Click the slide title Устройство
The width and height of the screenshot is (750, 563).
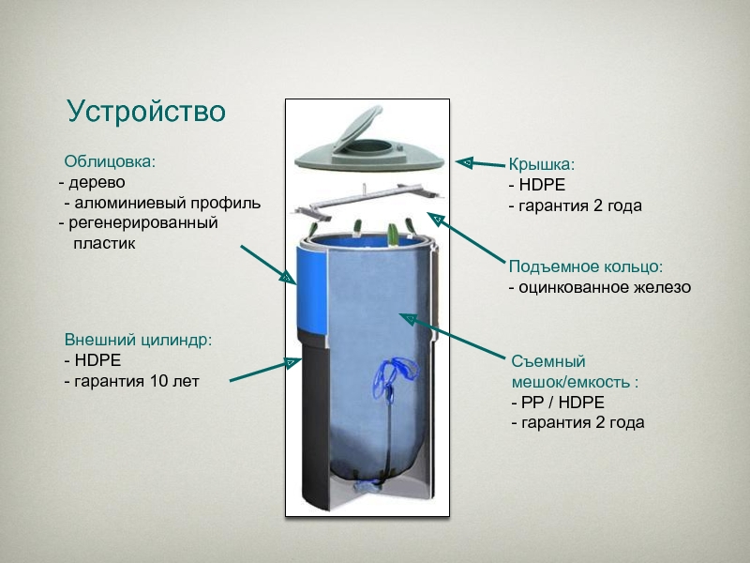(x=146, y=112)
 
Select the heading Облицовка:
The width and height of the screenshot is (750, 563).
(x=110, y=160)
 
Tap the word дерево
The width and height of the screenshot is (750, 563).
(x=95, y=182)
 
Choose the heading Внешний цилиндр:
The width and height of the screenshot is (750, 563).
(x=138, y=339)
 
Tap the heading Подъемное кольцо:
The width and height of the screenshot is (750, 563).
(x=585, y=266)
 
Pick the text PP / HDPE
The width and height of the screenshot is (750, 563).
(x=558, y=402)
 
